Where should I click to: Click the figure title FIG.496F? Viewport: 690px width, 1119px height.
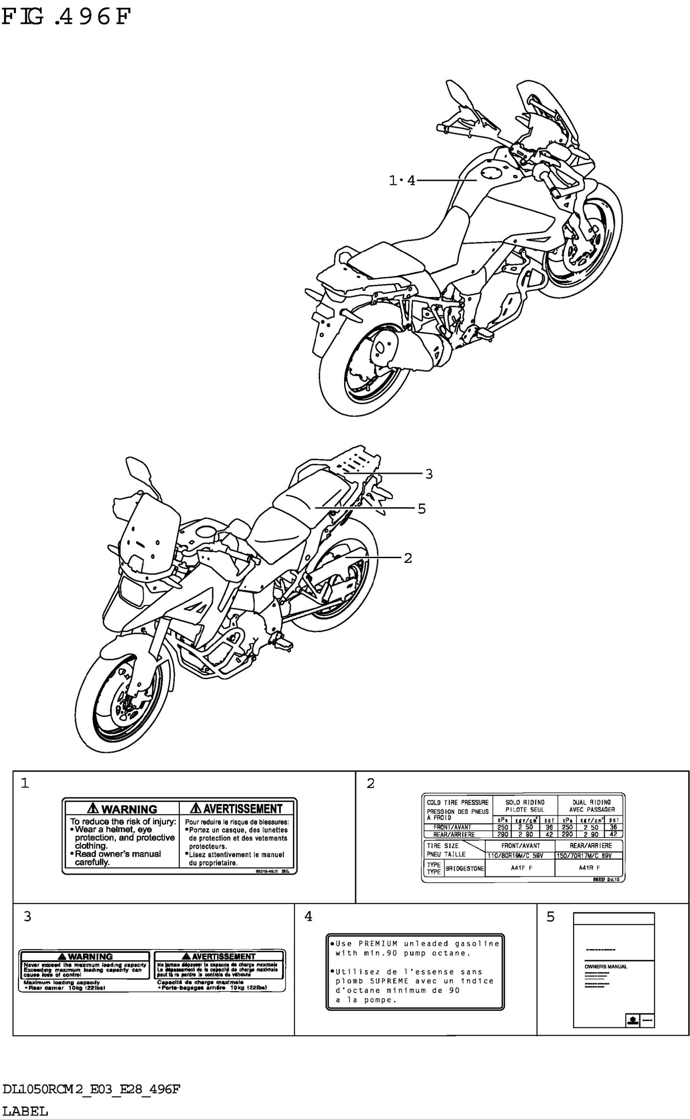pos(66,17)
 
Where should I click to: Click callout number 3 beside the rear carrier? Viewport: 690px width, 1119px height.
pos(429,474)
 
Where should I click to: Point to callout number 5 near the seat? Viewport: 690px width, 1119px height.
pos(421,508)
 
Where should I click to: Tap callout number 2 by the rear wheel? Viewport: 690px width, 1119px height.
pos(408,558)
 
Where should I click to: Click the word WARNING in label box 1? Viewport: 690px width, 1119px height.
pos(129,809)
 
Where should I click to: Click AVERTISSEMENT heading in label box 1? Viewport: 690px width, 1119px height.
pos(242,809)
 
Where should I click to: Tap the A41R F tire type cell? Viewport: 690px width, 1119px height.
pos(589,868)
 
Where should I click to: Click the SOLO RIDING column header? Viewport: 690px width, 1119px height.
pos(525,802)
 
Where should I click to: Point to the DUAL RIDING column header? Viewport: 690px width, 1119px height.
pos(591,802)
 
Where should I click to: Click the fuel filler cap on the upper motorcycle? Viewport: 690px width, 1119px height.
pos(492,173)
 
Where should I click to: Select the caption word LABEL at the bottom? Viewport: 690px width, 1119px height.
pos(25,1111)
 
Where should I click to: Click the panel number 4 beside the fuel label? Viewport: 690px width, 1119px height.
pos(308,916)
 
